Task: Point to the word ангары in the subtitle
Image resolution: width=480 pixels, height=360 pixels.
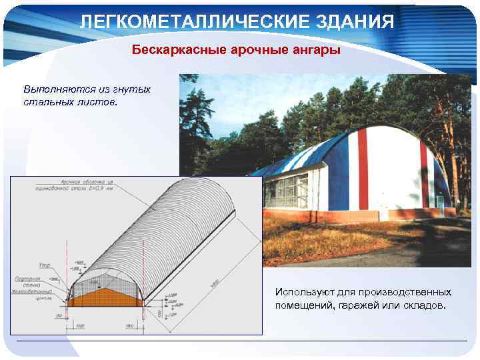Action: coord(315,50)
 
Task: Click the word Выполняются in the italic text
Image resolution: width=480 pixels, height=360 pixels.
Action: coord(53,89)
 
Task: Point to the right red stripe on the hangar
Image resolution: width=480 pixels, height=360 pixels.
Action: coord(424,173)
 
